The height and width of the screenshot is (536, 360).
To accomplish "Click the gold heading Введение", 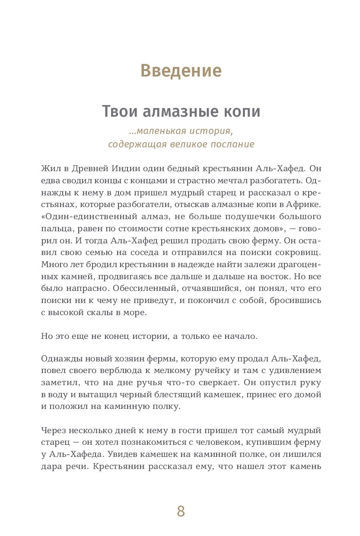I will pyautogui.click(x=181, y=70).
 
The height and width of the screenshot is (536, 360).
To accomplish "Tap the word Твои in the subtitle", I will pyautogui.click(x=116, y=112).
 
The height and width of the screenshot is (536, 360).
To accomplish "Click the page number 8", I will pyautogui.click(x=181, y=511).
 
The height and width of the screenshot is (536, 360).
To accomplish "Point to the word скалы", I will pyautogui.click(x=104, y=312).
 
